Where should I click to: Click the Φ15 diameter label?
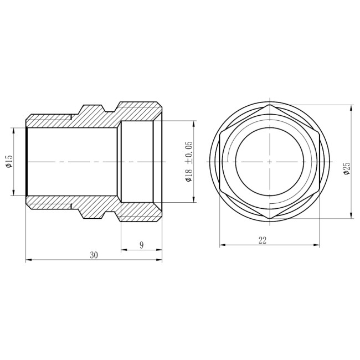tap(9, 162)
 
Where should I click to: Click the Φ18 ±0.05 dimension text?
tap(189, 162)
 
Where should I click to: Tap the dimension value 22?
tap(263, 240)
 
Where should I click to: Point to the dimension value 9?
tap(142, 245)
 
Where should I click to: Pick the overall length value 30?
tap(94, 255)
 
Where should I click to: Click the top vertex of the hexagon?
tap(270, 105)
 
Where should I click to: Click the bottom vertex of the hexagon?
tap(270, 219)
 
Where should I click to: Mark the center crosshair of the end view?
tap(270, 162)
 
